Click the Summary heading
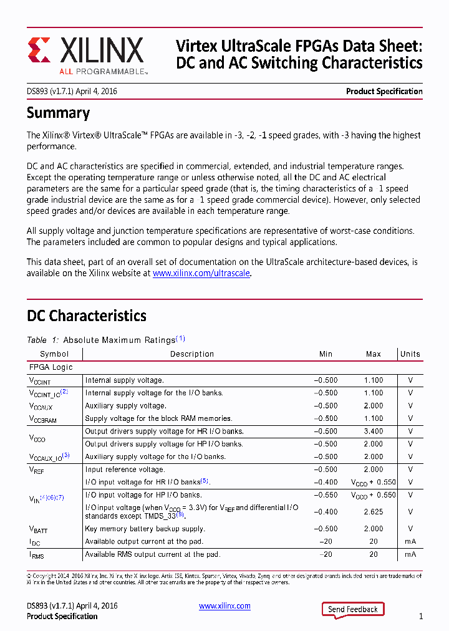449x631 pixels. coord(58,113)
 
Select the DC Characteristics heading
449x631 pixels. coord(86,315)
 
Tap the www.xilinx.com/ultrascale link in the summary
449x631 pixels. coord(201,273)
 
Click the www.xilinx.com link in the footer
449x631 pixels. coord(224,606)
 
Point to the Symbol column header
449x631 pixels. coord(54,354)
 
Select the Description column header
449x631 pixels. coord(192,354)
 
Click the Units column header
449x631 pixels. coord(410,354)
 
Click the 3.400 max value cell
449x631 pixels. coord(373,431)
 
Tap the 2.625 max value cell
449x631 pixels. coord(373,512)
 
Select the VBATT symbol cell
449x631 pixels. coord(38,529)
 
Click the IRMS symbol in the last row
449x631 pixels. coord(37,555)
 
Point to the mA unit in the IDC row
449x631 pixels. coord(410,542)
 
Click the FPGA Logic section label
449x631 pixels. coord(51,368)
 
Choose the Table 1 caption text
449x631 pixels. coord(105,340)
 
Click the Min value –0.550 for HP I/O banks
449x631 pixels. coord(326,495)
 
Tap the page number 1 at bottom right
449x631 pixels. coord(421,617)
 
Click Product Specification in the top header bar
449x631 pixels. coord(384,92)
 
